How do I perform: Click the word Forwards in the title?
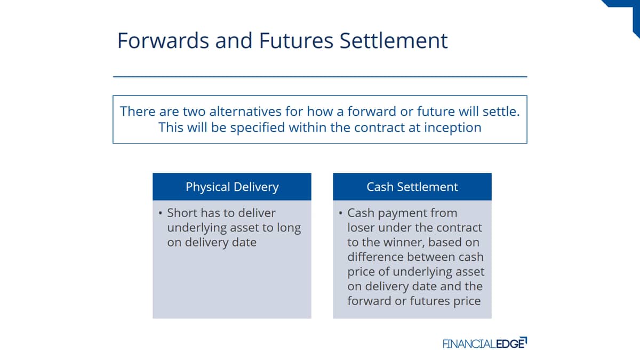pyautogui.click(x=163, y=41)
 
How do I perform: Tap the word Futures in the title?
pyautogui.click(x=296, y=41)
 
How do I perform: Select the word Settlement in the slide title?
pyautogui.click(x=394, y=41)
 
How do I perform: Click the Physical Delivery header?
pyautogui.click(x=232, y=187)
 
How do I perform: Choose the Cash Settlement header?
pyautogui.click(x=412, y=187)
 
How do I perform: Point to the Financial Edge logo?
pyautogui.click(x=485, y=343)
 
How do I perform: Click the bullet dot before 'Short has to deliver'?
pyautogui.click(x=161, y=213)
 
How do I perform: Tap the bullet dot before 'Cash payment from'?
pyautogui.click(x=341, y=213)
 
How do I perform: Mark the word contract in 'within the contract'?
pyautogui.click(x=379, y=127)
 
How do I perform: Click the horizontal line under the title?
pyautogui.click(x=320, y=77)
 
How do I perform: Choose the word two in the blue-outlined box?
pyautogui.click(x=194, y=111)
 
